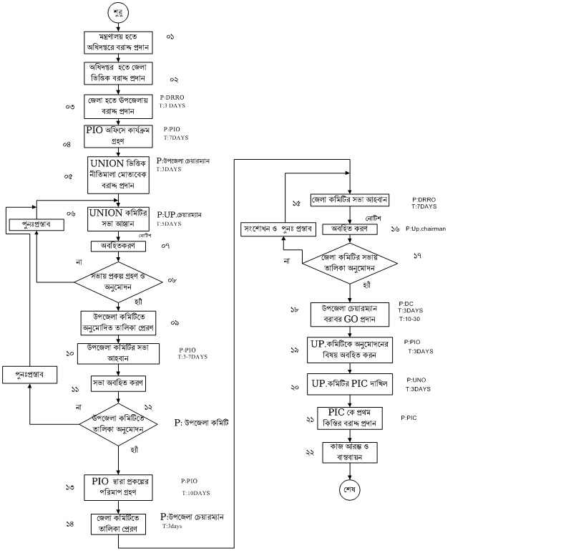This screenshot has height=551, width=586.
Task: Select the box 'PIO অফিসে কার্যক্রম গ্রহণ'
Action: coord(119,135)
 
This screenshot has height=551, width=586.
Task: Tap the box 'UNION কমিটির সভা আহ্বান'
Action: coord(119,219)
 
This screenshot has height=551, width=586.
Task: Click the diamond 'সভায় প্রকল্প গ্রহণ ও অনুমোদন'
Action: coord(119,283)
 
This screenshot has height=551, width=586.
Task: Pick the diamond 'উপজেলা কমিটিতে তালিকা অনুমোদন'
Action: coord(119,425)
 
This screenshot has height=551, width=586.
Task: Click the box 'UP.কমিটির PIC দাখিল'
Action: coord(350,385)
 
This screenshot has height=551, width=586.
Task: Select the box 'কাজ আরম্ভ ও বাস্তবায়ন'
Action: coord(350,451)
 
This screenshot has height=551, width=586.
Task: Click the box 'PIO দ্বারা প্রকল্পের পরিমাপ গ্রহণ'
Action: coord(119,487)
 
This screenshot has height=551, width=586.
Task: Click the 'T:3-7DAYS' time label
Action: coord(192,356)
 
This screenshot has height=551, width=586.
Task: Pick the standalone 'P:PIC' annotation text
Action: coord(409,417)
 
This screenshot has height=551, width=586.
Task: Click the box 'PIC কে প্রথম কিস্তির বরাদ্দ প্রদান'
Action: coord(350,418)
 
